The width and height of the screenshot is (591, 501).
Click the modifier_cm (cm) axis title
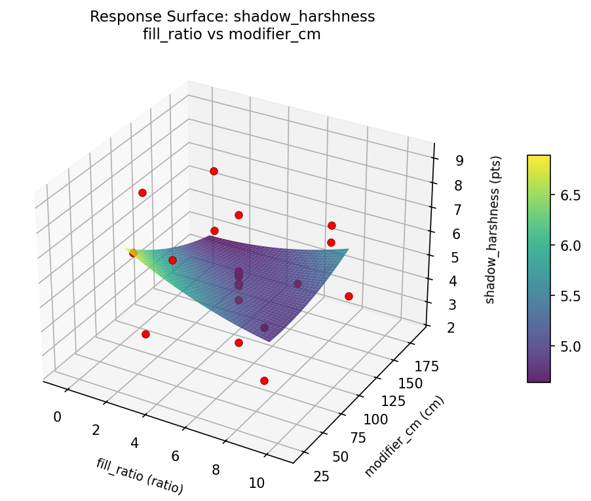[404, 437]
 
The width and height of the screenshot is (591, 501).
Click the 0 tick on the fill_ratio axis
[57, 417]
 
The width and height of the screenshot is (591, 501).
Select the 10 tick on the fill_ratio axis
[257, 483]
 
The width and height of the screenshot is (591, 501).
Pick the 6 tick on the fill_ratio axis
[174, 456]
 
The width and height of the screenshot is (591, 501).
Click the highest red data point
[213, 172]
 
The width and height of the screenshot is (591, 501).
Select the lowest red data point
[264, 380]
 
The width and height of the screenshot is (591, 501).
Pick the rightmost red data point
[349, 296]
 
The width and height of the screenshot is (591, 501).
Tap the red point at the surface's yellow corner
[133, 253]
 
